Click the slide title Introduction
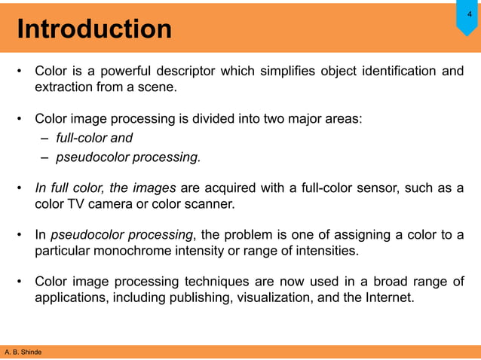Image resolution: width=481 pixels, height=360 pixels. pyautogui.click(x=94, y=29)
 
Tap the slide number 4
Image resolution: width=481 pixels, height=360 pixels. pyautogui.click(x=469, y=13)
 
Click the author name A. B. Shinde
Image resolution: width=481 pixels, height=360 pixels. pyautogui.click(x=23, y=352)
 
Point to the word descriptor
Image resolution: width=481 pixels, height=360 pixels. pyautogui.click(x=186, y=72)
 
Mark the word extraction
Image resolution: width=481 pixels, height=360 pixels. pyautogui.click(x=63, y=88)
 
